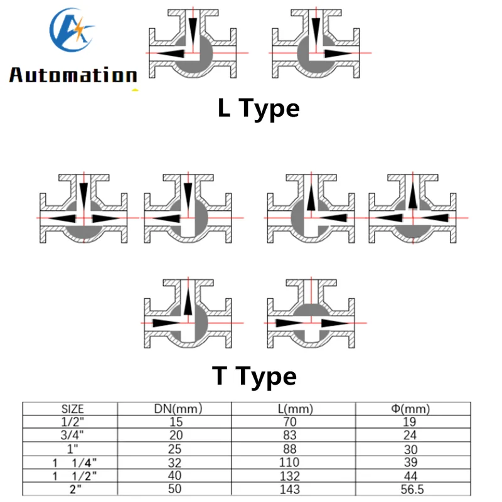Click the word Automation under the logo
(x=73, y=75)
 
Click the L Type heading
(x=259, y=109)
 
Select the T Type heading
(x=254, y=376)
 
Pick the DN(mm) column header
(x=179, y=410)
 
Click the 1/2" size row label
(x=77, y=422)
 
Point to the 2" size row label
(x=77, y=489)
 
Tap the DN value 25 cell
(x=179, y=449)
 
